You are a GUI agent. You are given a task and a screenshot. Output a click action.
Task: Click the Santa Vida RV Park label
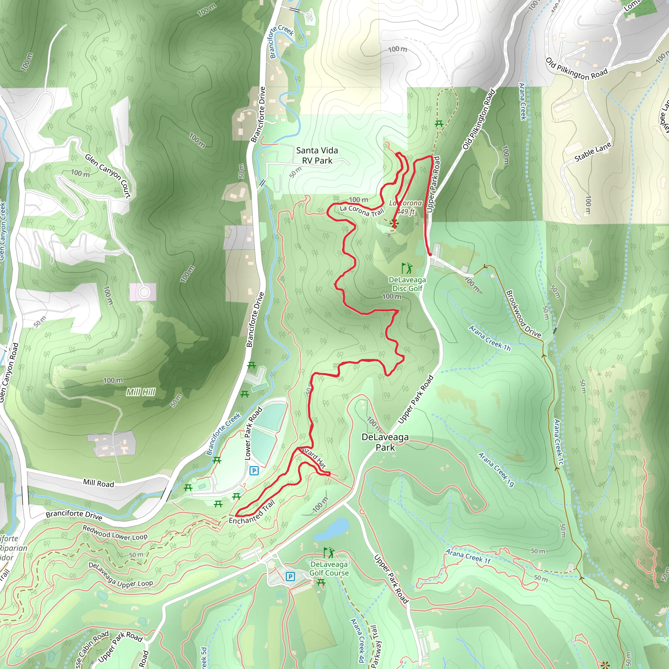(317, 155)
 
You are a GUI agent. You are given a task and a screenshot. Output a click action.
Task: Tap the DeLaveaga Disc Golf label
(407, 284)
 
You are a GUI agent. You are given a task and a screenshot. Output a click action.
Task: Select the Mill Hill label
(140, 392)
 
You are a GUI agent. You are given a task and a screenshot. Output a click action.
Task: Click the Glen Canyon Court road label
(108, 176)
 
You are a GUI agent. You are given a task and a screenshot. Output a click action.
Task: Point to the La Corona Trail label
(362, 211)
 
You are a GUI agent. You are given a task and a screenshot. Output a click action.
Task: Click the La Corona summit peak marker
(394, 223)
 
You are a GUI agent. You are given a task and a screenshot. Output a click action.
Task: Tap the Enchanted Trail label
(252, 513)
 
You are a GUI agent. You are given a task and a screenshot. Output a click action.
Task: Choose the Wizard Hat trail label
(313, 458)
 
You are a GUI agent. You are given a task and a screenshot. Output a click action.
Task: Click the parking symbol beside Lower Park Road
(254, 471)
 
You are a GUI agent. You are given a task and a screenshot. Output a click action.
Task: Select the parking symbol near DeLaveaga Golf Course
(290, 577)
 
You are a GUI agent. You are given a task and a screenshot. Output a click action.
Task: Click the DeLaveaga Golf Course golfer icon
(329, 553)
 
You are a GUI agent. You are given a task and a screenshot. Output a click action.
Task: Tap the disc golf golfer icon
(407, 269)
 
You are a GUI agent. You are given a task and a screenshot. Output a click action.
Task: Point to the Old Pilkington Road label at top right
(577, 69)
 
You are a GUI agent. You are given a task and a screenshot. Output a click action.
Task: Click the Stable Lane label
(593, 152)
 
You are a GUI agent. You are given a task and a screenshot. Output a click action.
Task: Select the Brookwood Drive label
(523, 314)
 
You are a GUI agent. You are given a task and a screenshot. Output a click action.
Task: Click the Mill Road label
(98, 483)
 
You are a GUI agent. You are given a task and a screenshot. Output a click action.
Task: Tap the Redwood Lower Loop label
(115, 533)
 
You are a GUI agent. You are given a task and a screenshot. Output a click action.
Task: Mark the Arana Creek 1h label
(490, 338)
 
